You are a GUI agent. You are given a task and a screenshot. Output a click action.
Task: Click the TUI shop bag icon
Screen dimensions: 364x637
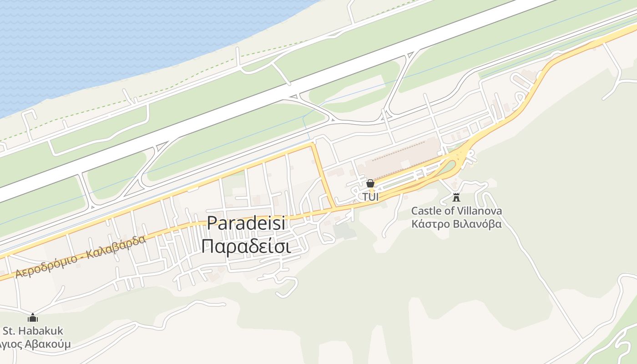(370, 184)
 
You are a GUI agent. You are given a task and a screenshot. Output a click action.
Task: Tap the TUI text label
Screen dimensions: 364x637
(370, 197)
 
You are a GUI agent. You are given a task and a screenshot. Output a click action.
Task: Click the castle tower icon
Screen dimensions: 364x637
(456, 197)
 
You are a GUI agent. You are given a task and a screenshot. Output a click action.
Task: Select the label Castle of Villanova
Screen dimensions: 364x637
(456, 211)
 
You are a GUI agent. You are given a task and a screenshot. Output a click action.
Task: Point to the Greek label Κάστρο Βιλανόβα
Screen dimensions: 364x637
(456, 224)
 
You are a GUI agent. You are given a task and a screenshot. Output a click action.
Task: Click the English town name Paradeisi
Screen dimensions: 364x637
(246, 223)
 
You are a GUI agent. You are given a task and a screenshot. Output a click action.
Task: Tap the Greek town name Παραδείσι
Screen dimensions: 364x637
(246, 246)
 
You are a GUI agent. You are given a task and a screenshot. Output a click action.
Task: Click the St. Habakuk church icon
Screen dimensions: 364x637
(33, 318)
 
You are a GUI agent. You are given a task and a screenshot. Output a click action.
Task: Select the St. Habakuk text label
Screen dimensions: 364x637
(33, 331)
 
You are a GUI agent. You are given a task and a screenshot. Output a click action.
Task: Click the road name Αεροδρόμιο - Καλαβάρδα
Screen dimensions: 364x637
(81, 257)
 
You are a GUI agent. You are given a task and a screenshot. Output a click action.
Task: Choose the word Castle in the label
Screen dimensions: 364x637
(425, 211)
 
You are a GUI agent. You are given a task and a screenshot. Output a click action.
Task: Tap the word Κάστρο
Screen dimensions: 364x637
(428, 224)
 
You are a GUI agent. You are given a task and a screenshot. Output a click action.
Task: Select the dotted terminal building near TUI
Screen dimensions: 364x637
(400, 157)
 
